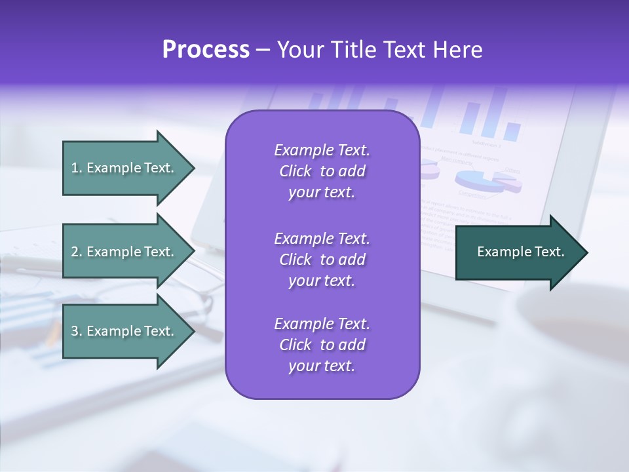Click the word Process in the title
click(x=206, y=50)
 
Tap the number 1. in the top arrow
click(x=77, y=168)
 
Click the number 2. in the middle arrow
click(x=77, y=252)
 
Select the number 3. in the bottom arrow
click(x=77, y=331)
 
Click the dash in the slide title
click(x=263, y=50)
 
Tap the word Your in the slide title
click(x=299, y=50)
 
